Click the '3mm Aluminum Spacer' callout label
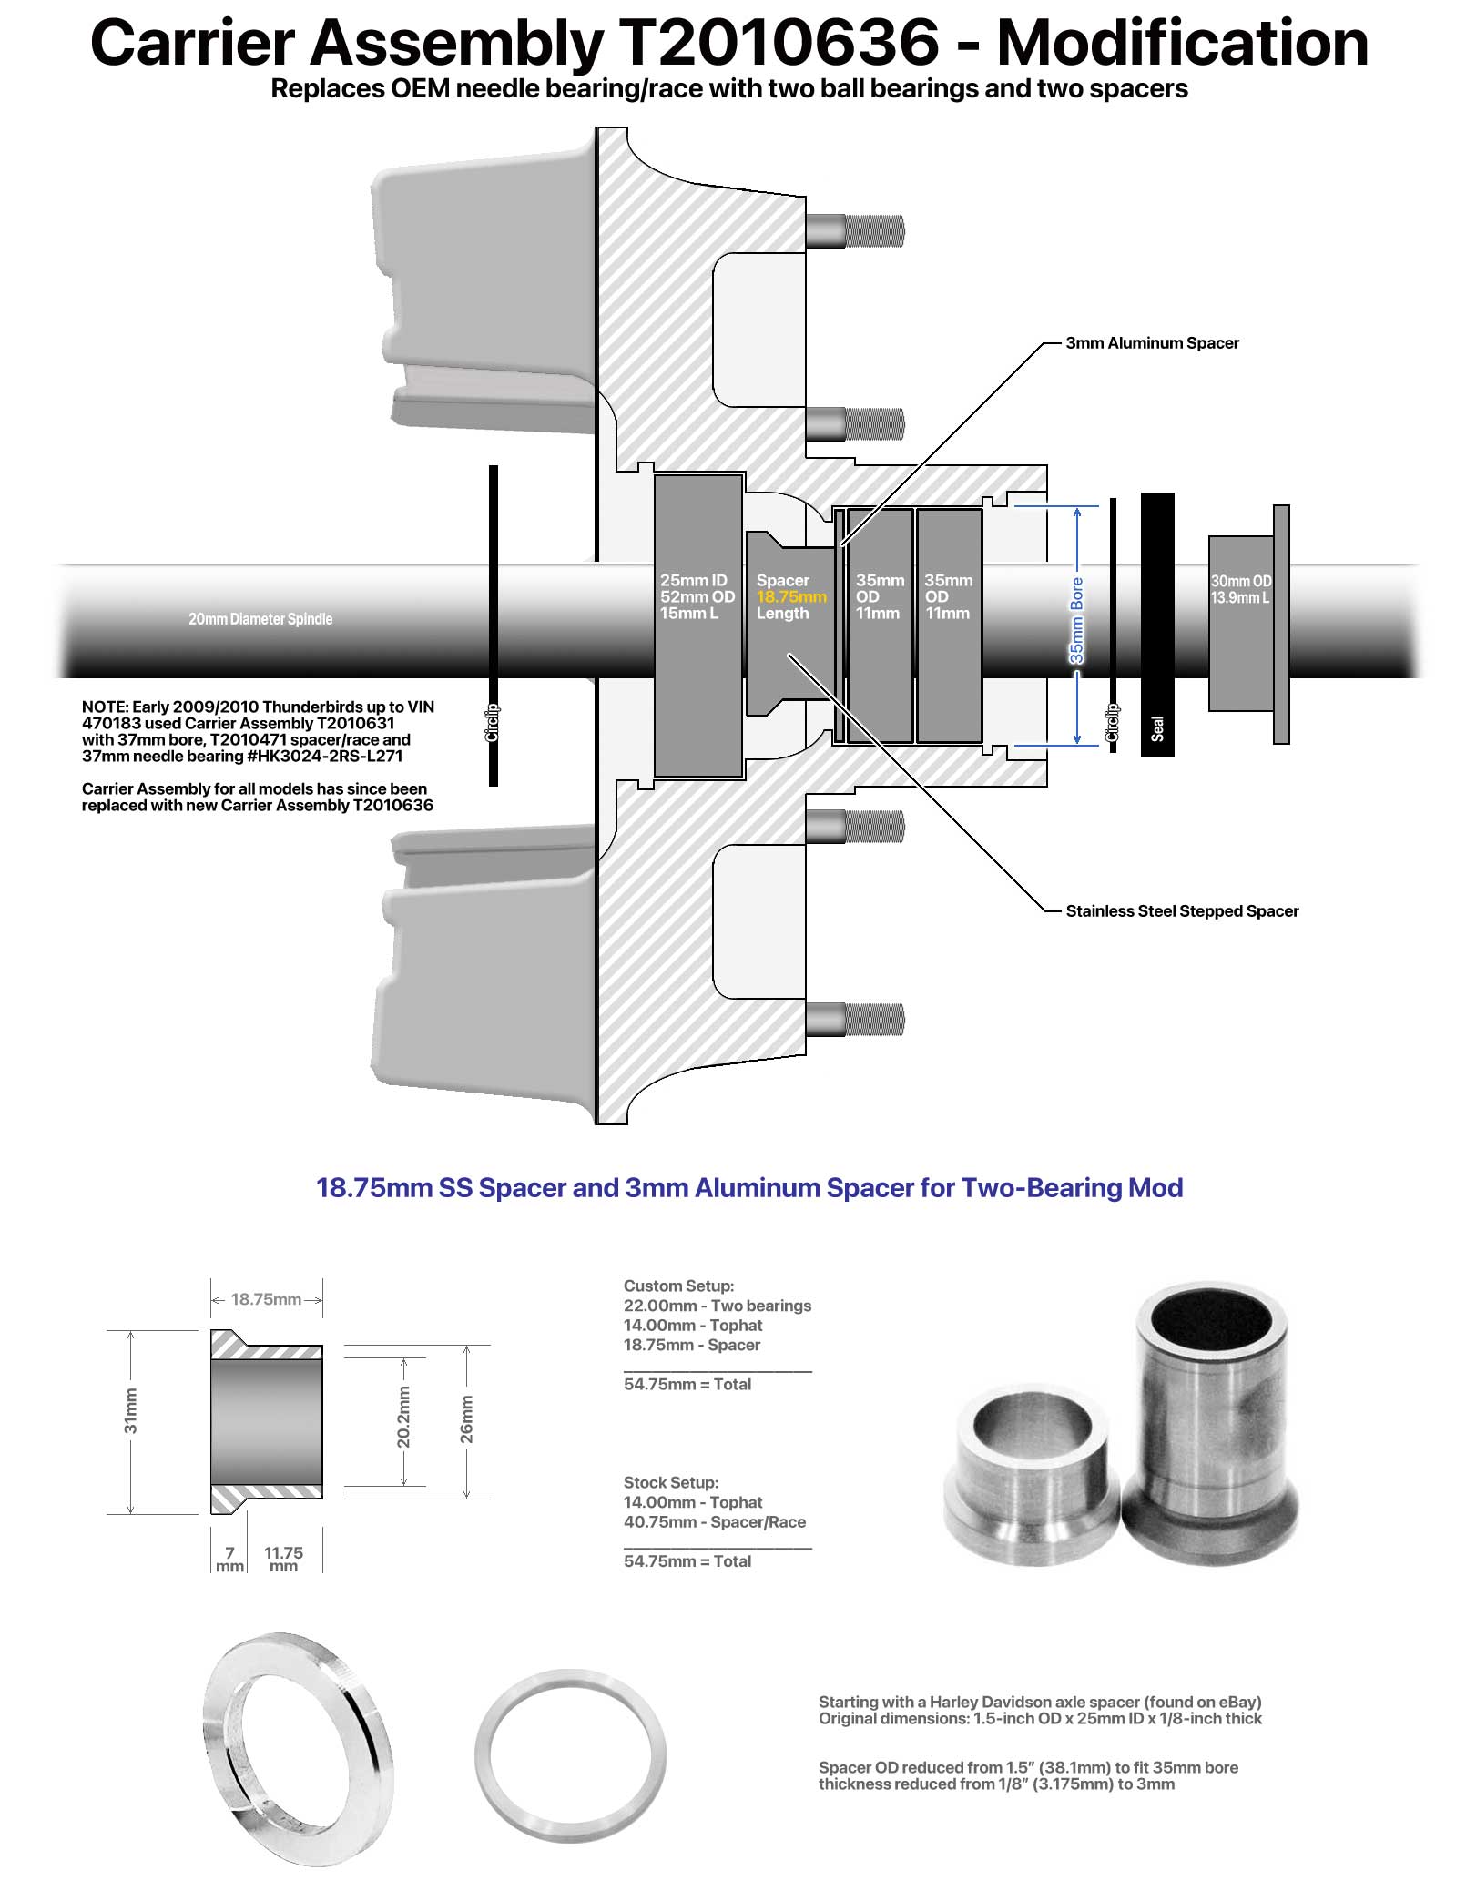click(x=1152, y=343)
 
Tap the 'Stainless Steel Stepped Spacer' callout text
click(x=1182, y=911)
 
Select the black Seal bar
click(x=1157, y=625)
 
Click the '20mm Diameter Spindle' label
click(x=260, y=619)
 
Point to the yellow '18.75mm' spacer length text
click(x=791, y=597)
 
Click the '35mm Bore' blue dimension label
click(x=1077, y=621)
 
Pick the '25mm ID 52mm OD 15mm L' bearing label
click(x=697, y=596)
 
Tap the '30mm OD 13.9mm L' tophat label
click(x=1240, y=589)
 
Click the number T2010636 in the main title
click(x=778, y=43)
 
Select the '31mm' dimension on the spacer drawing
click(x=131, y=1410)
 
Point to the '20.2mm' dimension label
click(x=403, y=1417)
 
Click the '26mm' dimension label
click(x=466, y=1418)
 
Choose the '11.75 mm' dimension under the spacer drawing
click(x=283, y=1559)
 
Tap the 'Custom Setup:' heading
click(x=678, y=1286)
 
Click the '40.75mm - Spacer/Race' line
click(x=715, y=1521)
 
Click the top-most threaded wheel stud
click(x=856, y=230)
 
